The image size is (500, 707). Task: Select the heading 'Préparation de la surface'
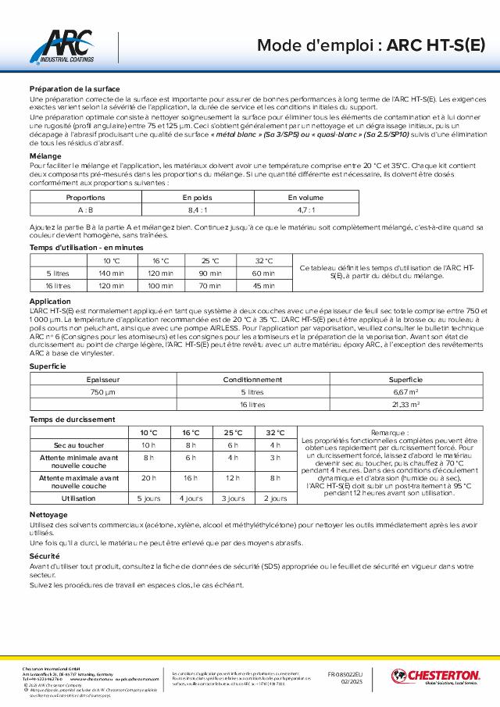(x=74, y=89)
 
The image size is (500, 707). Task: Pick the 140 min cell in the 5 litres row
(x=106, y=273)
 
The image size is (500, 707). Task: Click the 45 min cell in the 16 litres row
(x=263, y=286)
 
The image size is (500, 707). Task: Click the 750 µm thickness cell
(x=103, y=391)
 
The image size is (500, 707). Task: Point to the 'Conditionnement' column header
(x=252, y=379)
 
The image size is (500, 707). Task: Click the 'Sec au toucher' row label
(x=79, y=445)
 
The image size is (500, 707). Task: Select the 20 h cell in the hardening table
(x=148, y=477)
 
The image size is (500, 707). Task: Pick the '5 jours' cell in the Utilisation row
(x=148, y=498)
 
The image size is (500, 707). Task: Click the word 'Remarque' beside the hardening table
(x=388, y=433)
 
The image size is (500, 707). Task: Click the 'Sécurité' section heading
(x=45, y=554)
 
